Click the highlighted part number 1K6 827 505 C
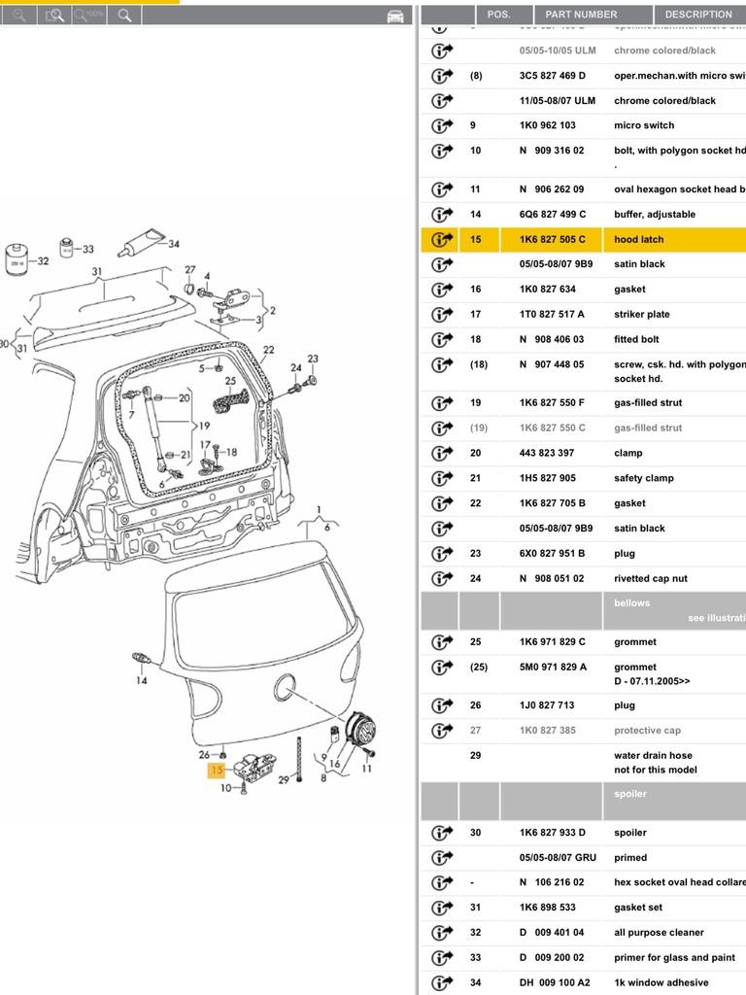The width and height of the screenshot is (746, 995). [x=552, y=239]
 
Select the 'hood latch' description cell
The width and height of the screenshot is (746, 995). [x=639, y=239]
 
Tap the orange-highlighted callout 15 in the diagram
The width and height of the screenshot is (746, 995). [x=216, y=771]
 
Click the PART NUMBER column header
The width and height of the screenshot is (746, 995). [x=581, y=15]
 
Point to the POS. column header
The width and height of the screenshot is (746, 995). [x=498, y=15]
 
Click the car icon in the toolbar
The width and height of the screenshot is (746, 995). [x=395, y=16]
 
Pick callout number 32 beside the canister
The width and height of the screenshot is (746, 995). [x=42, y=261]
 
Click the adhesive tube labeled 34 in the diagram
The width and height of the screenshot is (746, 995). [x=139, y=245]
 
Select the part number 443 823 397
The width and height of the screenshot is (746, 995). [x=546, y=453]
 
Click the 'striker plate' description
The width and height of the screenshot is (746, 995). [x=641, y=314]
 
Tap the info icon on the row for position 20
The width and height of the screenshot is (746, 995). [x=442, y=453]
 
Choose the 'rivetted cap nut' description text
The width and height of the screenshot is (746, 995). [x=650, y=578]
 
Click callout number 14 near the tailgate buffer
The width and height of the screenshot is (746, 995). [x=142, y=680]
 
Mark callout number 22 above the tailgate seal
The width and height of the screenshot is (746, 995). [x=268, y=350]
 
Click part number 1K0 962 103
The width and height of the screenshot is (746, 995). [x=547, y=125]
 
